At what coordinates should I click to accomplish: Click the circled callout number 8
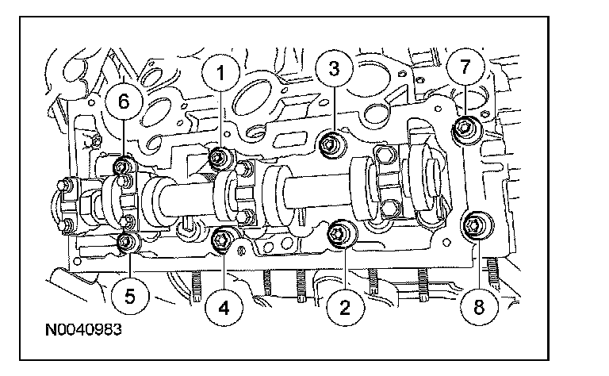click(x=476, y=306)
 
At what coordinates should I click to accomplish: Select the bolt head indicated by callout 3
click(x=332, y=144)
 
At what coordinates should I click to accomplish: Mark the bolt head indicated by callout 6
click(x=124, y=167)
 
